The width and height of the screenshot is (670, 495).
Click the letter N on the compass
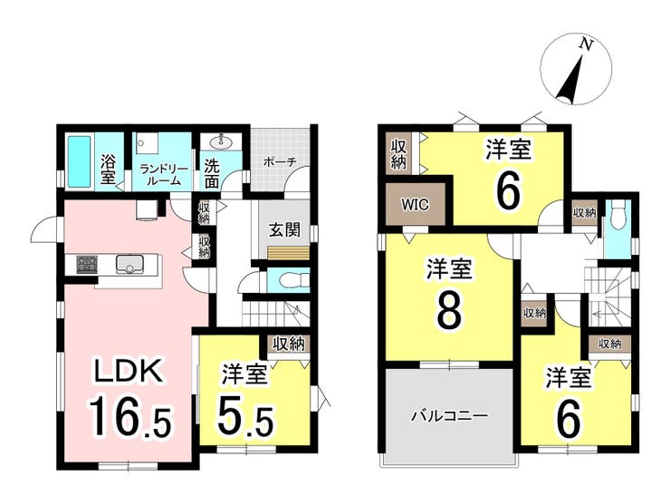587,44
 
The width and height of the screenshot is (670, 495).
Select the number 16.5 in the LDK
129,416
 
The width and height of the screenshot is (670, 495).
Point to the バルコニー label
449,415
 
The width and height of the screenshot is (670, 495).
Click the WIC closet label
415,205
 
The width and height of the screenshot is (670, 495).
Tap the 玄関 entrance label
284,230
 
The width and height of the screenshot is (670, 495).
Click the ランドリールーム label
164,175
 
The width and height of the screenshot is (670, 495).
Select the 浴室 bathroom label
108,169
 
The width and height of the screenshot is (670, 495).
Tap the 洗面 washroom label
212,174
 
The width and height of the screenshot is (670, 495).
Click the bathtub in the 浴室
80,161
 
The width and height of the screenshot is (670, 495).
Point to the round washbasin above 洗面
221,141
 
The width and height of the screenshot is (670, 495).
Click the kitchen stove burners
87,264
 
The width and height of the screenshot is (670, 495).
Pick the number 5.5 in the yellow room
245,415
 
